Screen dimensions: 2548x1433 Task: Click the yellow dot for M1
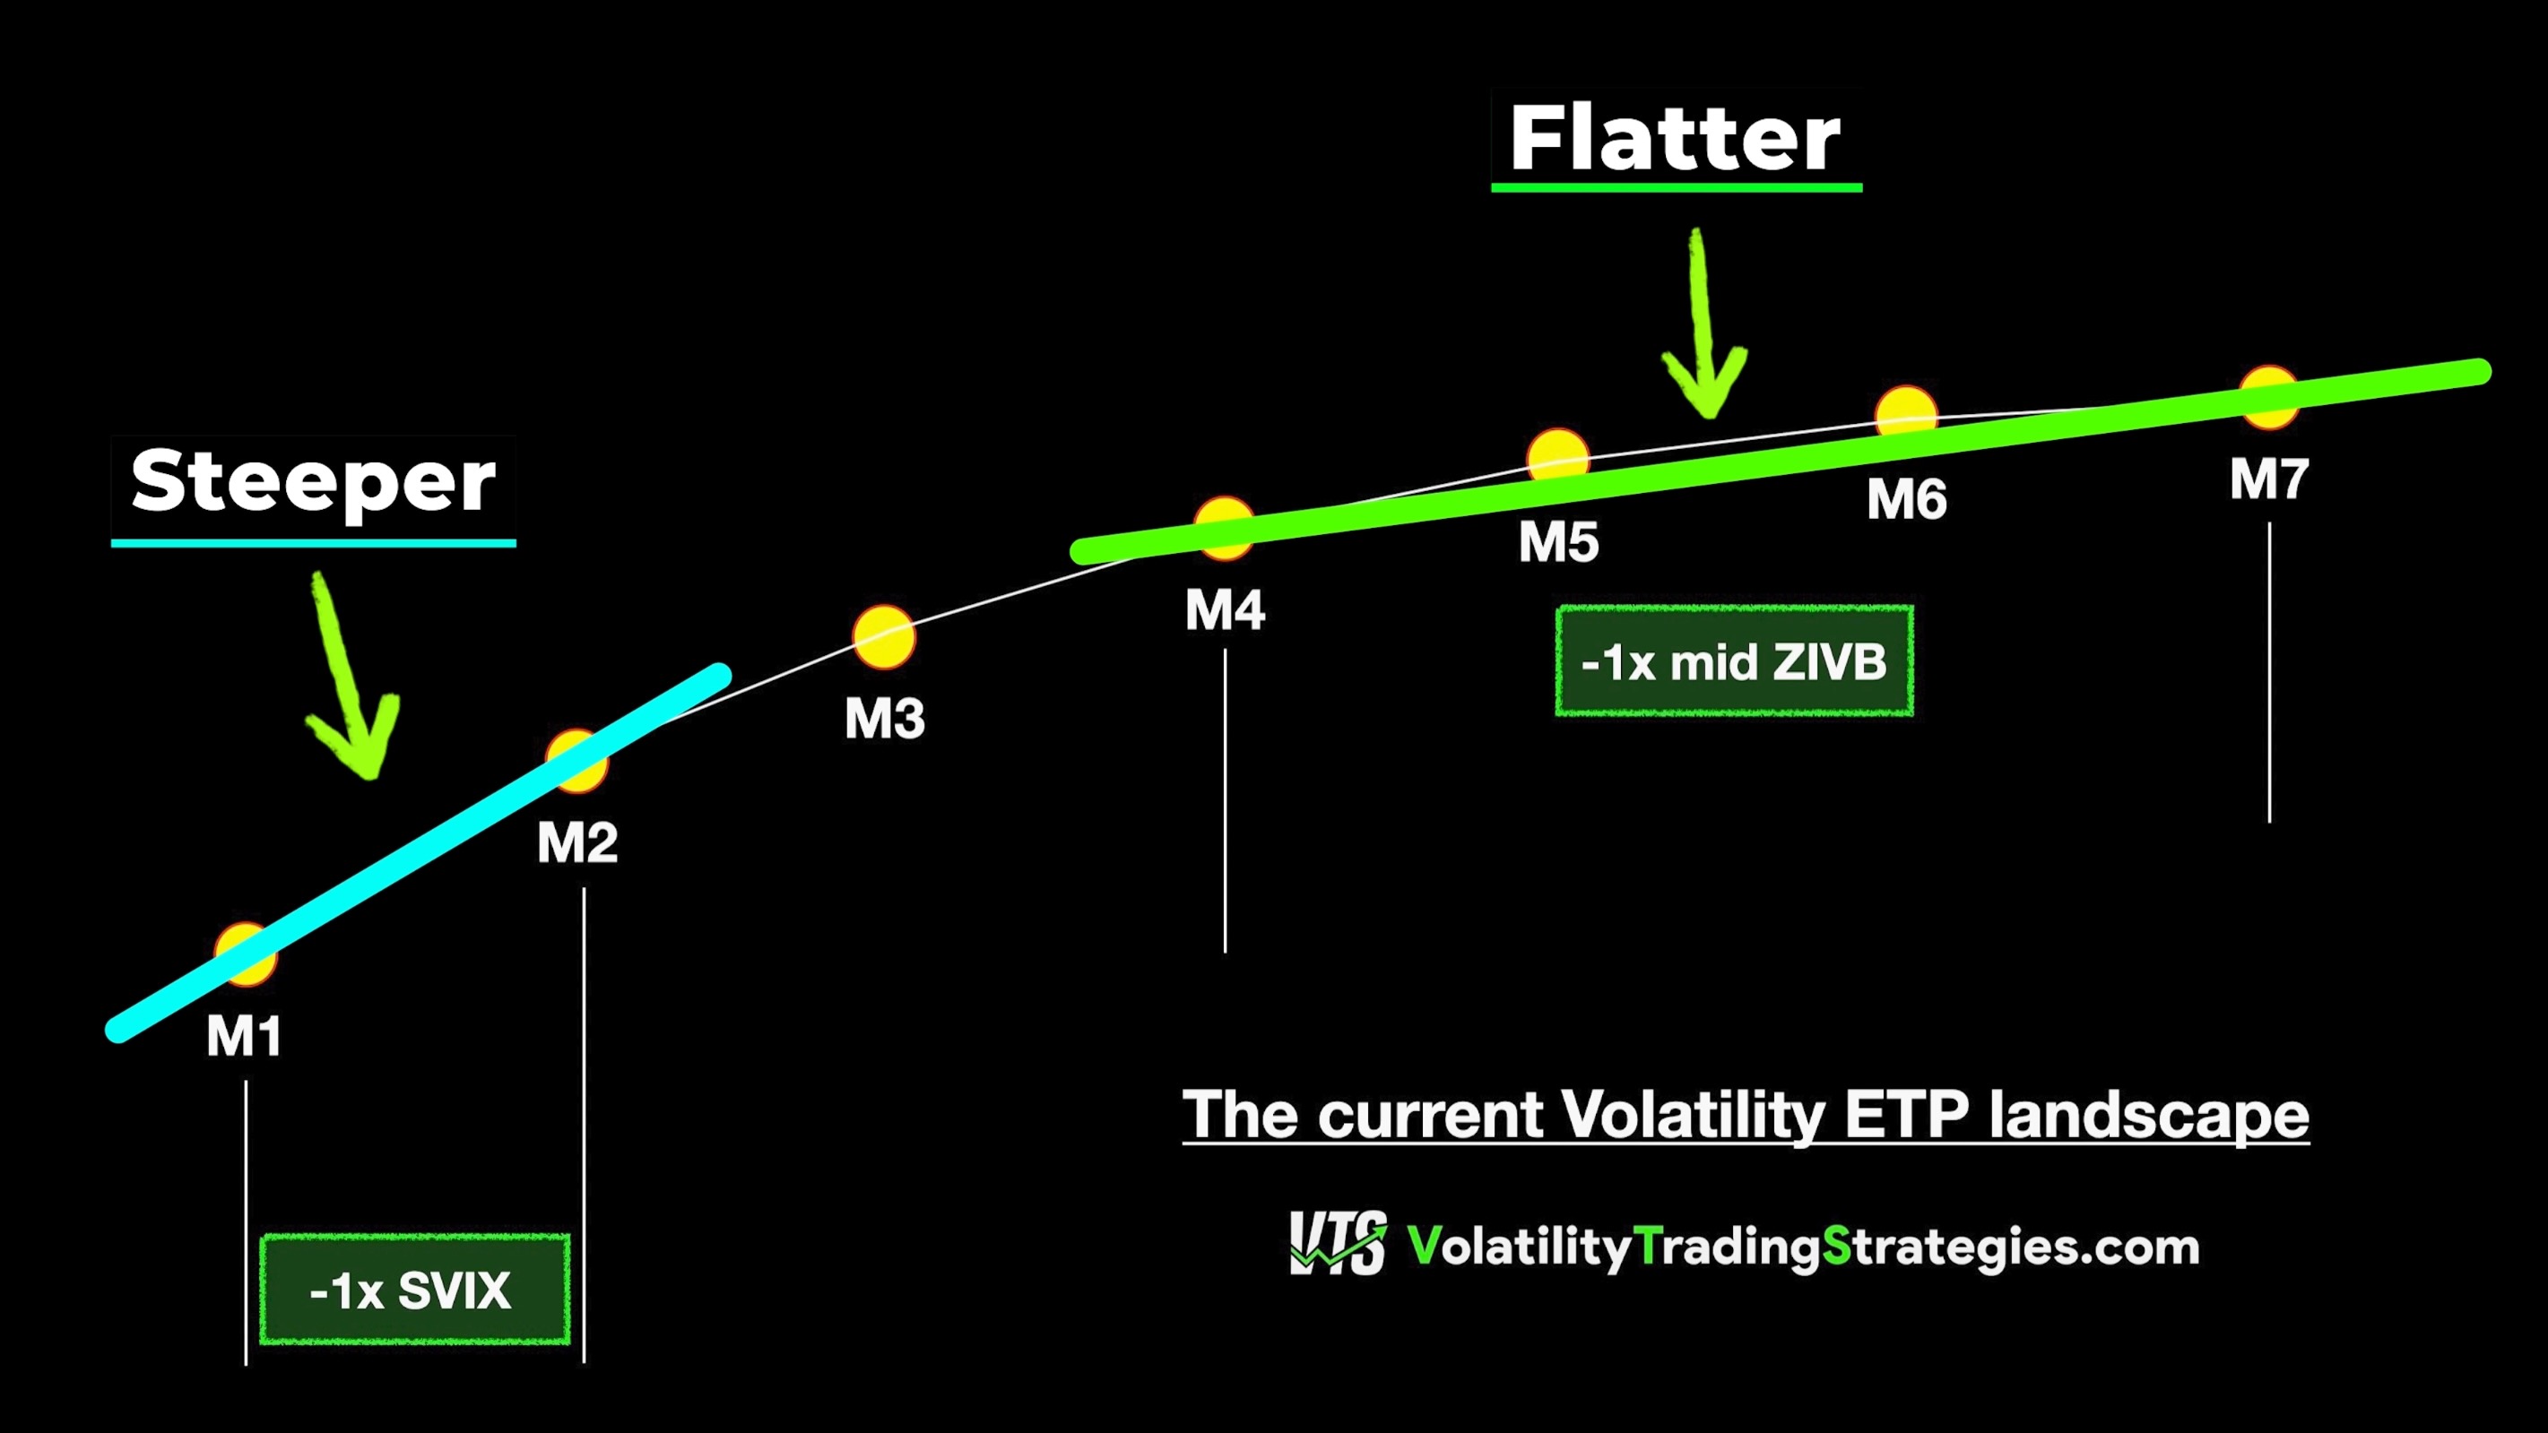coord(246,954)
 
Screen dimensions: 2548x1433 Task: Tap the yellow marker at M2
coord(577,762)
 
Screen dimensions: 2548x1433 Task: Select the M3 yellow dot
coord(884,638)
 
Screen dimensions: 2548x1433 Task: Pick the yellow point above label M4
coord(1225,529)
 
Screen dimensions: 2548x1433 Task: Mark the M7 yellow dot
coord(2268,397)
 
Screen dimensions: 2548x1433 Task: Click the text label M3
coord(884,718)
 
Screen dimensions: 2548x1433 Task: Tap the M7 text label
coord(2269,479)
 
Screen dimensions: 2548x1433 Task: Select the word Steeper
coord(313,481)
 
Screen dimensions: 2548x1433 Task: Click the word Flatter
coord(1675,138)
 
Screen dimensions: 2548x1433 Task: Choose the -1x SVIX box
coord(414,1290)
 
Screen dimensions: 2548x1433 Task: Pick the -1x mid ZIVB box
coord(1734,660)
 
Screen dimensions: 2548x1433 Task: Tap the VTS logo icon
coord(1339,1243)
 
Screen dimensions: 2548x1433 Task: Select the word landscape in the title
coord(2148,1116)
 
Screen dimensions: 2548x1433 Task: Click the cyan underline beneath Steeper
coord(314,543)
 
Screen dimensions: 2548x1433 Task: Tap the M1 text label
coord(245,1036)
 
